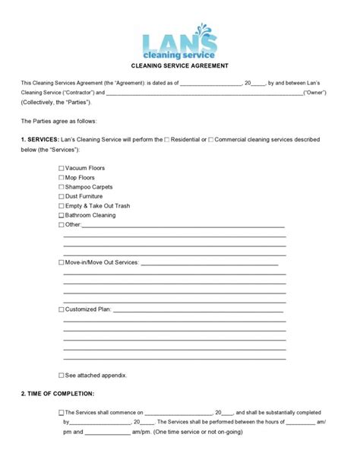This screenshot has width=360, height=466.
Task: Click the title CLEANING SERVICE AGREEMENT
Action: (x=180, y=66)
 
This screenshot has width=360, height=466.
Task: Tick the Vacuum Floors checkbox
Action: (x=62, y=168)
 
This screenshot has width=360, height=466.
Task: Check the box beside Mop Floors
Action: (x=62, y=177)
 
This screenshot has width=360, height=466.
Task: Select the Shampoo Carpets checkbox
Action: (x=62, y=187)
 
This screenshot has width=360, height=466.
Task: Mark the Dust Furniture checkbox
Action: (x=62, y=196)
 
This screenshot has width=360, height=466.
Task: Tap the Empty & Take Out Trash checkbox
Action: (x=62, y=206)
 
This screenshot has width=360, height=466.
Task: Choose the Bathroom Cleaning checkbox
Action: (x=62, y=215)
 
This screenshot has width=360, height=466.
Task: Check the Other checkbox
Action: (x=62, y=225)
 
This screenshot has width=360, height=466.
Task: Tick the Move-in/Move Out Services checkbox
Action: (x=62, y=262)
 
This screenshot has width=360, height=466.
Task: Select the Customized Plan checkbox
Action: (x=62, y=310)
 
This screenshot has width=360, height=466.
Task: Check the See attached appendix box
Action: (x=62, y=376)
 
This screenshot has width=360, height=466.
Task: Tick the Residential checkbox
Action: (x=167, y=140)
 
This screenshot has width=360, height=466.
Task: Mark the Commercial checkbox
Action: (x=211, y=140)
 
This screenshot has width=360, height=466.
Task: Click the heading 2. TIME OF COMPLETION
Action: (x=58, y=394)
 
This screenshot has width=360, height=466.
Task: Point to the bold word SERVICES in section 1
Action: (x=42, y=140)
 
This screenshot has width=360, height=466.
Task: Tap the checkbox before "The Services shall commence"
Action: (x=62, y=413)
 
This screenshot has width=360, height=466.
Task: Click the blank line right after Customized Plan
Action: (x=197, y=310)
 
